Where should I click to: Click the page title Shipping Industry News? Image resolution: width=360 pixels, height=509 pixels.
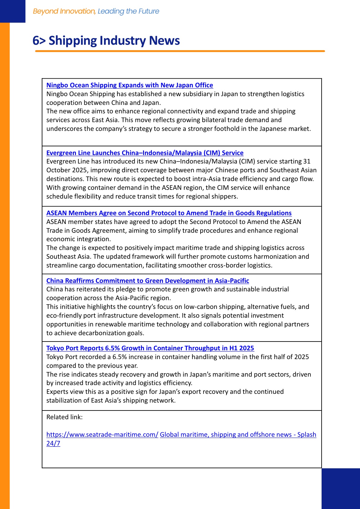(x=114, y=41)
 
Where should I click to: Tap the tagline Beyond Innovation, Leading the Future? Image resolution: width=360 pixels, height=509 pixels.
(x=96, y=11)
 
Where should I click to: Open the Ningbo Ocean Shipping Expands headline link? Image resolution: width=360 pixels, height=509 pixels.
(x=129, y=85)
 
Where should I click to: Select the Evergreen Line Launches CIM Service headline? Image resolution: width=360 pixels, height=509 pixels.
(x=145, y=153)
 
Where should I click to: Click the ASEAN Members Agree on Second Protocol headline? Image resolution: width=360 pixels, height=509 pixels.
(x=169, y=213)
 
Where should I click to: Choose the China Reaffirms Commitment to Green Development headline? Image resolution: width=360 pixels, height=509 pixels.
(x=148, y=281)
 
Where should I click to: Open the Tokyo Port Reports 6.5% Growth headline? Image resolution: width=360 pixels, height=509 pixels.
(x=150, y=348)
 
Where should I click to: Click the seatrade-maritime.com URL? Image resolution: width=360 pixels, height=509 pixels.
(x=102, y=435)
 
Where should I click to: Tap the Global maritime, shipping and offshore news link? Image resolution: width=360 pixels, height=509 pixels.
(x=238, y=435)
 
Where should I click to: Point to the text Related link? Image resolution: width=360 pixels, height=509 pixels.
(x=64, y=417)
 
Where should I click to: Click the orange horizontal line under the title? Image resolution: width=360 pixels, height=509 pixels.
(x=180, y=51)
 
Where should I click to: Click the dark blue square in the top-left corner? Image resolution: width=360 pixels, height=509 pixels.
(x=13, y=11)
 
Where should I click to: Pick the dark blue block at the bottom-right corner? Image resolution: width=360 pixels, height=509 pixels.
(x=341, y=488)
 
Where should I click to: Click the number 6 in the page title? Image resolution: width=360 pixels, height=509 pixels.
(x=36, y=41)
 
